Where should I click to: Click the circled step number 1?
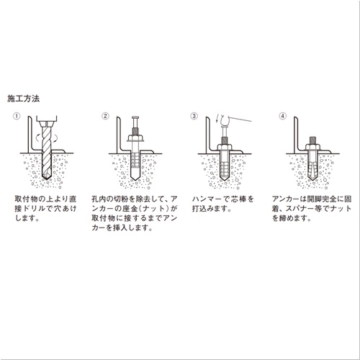[17, 115]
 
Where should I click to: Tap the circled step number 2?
[105, 115]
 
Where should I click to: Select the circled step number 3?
[194, 115]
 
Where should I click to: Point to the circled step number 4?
[283, 115]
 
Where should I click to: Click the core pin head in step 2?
[135, 117]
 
